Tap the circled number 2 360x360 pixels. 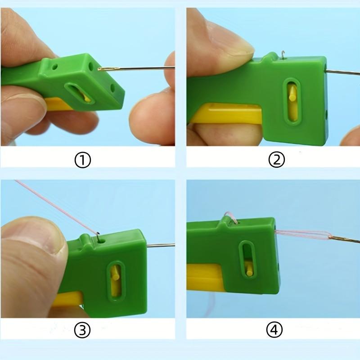pos(276,159)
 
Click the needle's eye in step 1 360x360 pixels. pos(104,69)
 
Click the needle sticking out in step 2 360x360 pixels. pos(342,72)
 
